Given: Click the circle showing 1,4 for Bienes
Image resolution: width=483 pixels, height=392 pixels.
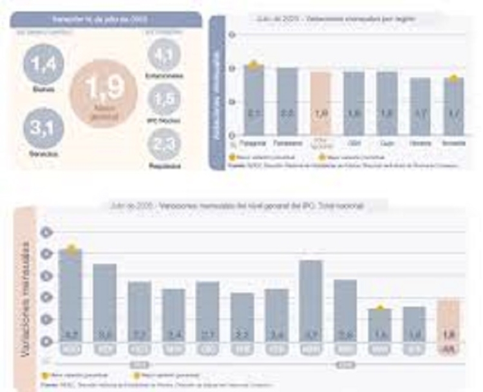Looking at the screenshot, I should (44, 64).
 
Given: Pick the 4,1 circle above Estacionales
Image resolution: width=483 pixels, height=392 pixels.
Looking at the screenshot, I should (164, 54).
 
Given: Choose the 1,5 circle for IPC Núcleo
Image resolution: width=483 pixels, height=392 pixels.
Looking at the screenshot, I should (164, 99).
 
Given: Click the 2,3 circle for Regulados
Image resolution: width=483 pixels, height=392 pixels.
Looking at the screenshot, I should (164, 143).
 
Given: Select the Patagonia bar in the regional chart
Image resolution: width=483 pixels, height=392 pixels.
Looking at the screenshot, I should (254, 100).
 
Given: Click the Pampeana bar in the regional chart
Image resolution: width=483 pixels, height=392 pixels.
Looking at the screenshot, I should (287, 101).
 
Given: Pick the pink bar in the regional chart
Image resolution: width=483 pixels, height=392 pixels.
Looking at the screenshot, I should (320, 103).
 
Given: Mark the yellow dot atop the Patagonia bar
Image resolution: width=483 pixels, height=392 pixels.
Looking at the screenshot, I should (254, 64).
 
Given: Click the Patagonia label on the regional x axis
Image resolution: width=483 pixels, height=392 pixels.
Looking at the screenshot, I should (253, 141).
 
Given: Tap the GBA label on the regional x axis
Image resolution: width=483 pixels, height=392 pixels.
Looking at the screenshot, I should (353, 141).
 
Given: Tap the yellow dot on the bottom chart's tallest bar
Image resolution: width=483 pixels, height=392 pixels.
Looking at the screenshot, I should (71, 248).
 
